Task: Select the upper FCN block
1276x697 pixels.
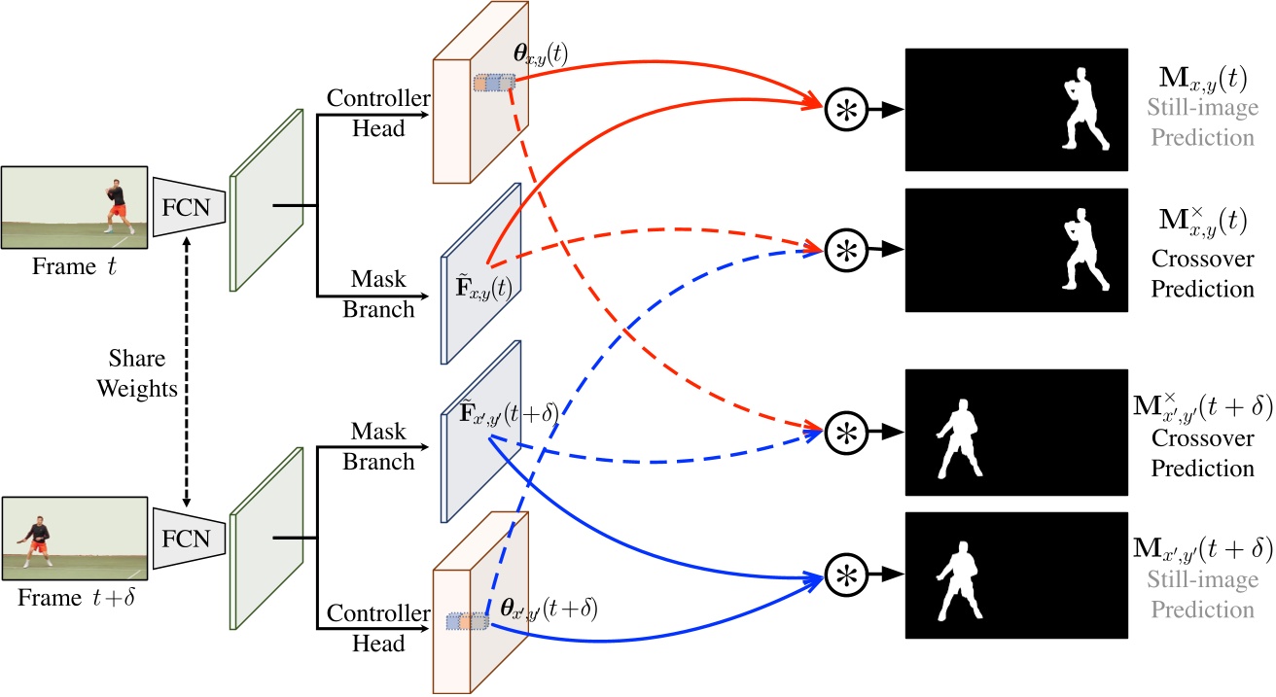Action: pyautogui.click(x=191, y=205)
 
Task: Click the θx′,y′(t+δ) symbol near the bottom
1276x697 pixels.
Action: pyautogui.click(x=548, y=610)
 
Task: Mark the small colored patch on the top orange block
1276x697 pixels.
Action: pyautogui.click(x=493, y=84)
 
